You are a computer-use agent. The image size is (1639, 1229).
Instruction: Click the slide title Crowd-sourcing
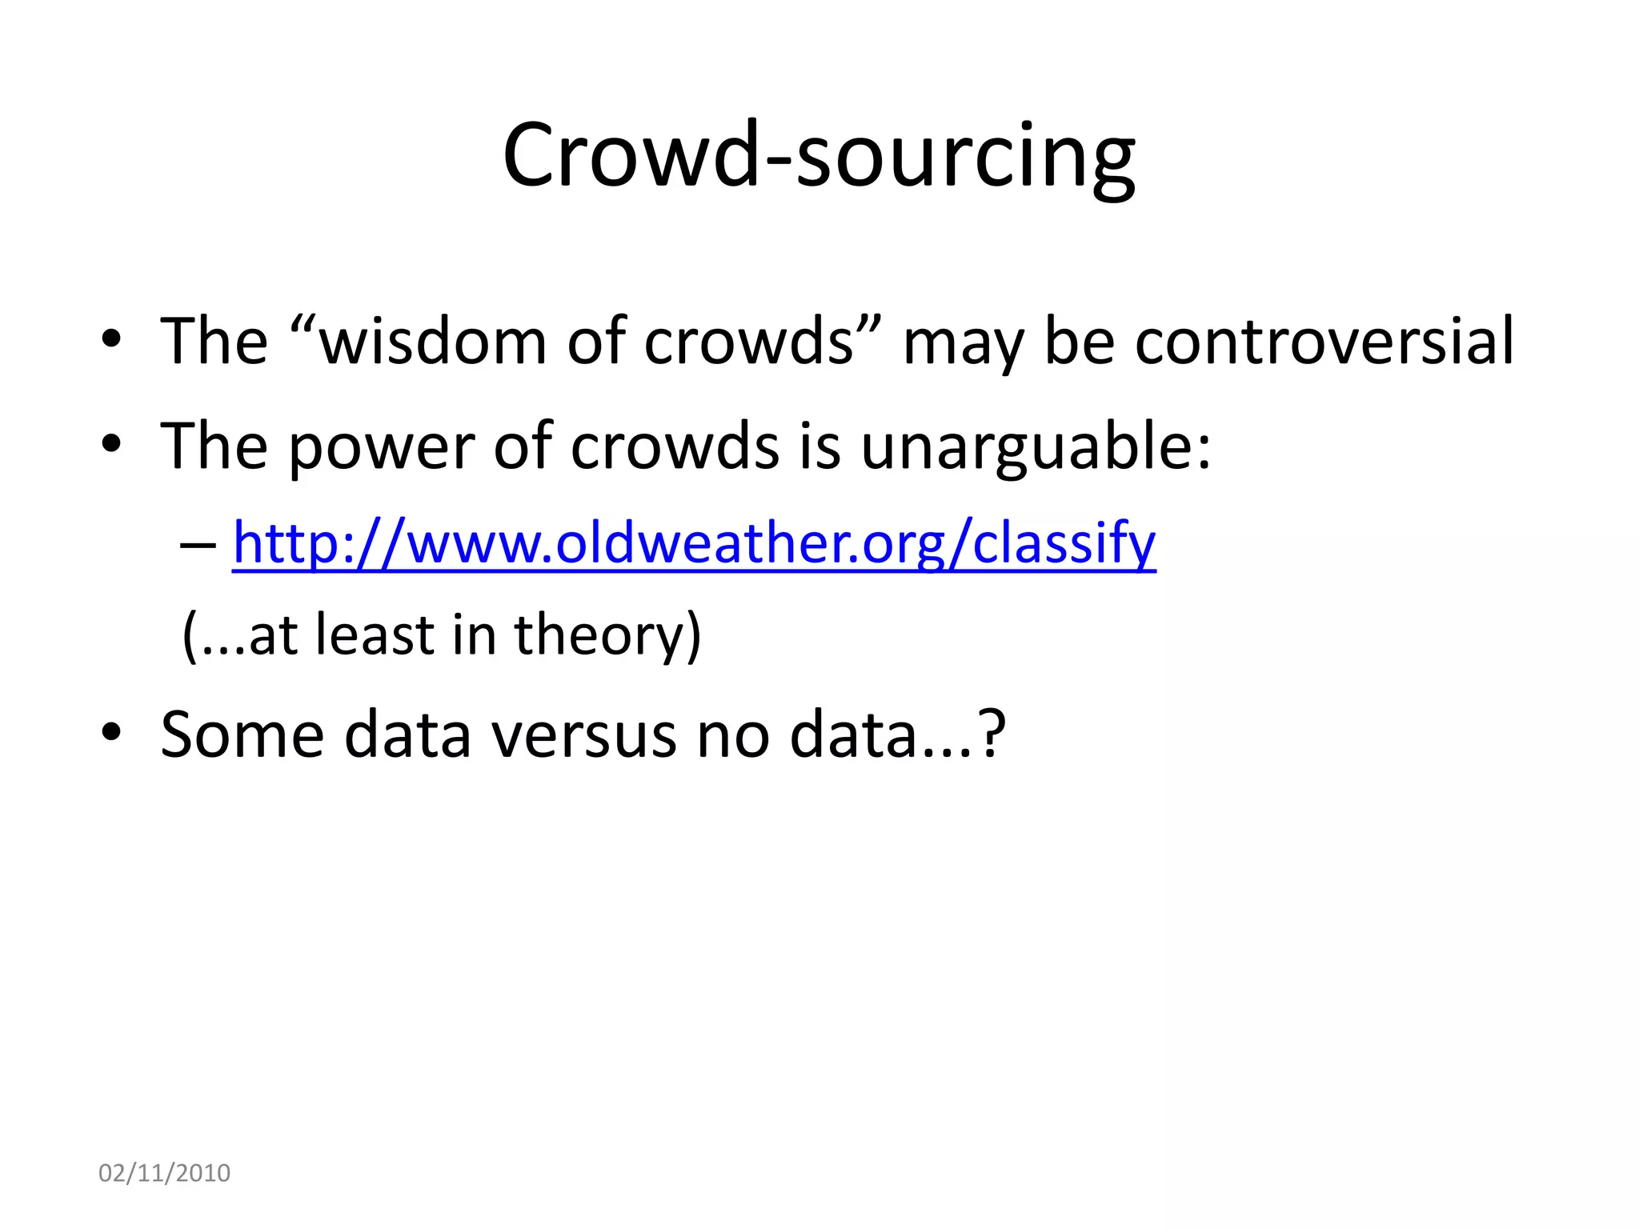coord(818,156)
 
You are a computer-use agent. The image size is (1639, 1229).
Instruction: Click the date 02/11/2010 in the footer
coord(164,1173)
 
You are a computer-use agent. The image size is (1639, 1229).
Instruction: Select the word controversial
coord(1324,342)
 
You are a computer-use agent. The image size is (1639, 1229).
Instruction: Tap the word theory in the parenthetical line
coord(599,635)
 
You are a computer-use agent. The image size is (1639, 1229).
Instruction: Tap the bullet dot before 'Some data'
coord(111,731)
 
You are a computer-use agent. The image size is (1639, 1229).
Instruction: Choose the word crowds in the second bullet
coord(674,446)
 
